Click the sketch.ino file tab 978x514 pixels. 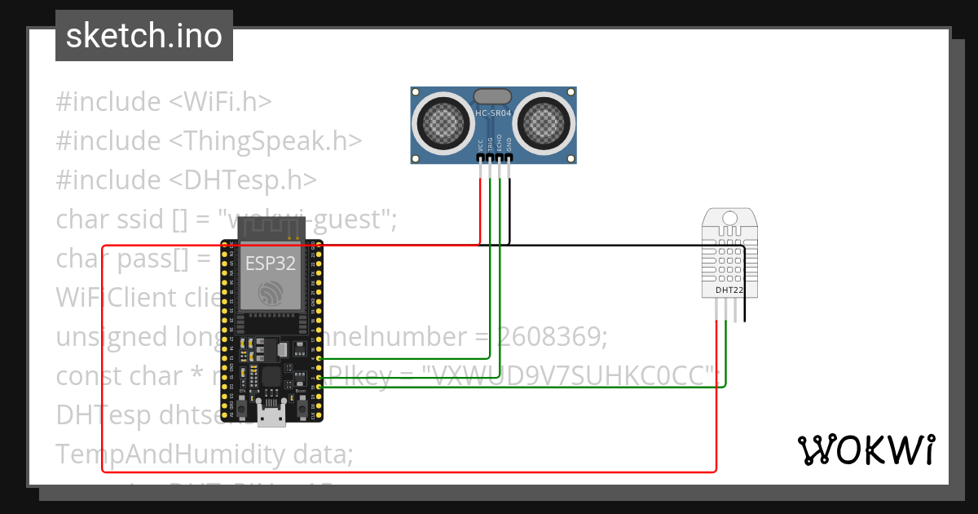click(x=143, y=36)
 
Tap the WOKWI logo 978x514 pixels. click(x=865, y=450)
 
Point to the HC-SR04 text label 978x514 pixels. click(x=493, y=113)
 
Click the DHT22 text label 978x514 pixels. click(x=729, y=290)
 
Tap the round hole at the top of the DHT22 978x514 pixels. click(x=730, y=218)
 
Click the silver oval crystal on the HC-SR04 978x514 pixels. click(x=493, y=97)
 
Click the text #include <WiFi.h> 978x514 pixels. click(x=164, y=102)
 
